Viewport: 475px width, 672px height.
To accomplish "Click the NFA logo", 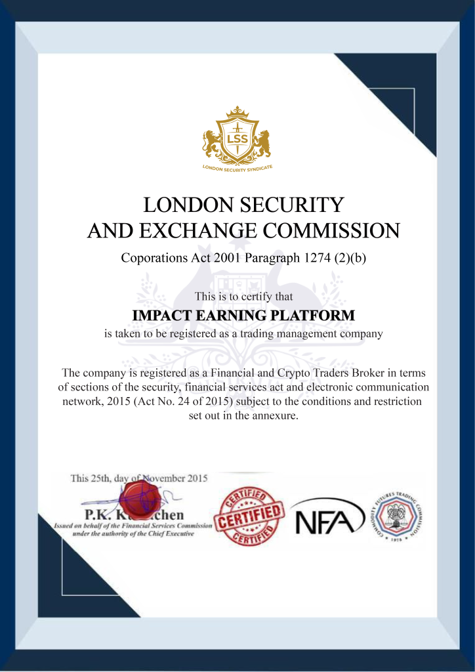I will coord(328,516).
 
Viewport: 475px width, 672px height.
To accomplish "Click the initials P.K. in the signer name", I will coord(96,514).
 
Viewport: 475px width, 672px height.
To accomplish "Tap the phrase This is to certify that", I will coord(243,297).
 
